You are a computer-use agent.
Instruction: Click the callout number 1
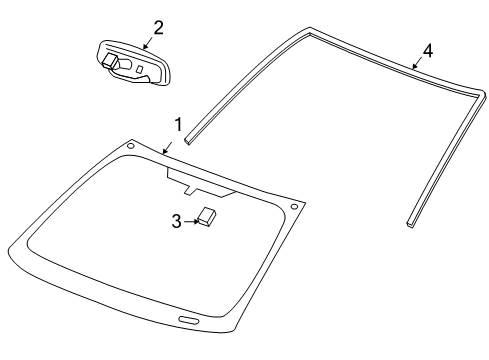[x=177, y=125]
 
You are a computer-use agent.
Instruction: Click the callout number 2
[x=158, y=27]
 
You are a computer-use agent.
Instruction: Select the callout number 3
[x=176, y=221]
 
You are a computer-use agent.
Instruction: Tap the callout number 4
[x=428, y=49]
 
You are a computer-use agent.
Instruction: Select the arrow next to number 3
[x=190, y=221]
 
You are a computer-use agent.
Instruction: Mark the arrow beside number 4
[x=417, y=63]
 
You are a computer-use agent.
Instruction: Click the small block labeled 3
[x=208, y=217]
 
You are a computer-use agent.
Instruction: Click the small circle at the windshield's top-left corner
[x=129, y=147]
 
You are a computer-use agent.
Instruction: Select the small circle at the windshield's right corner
[x=293, y=207]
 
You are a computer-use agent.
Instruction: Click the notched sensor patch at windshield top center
[x=199, y=181]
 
